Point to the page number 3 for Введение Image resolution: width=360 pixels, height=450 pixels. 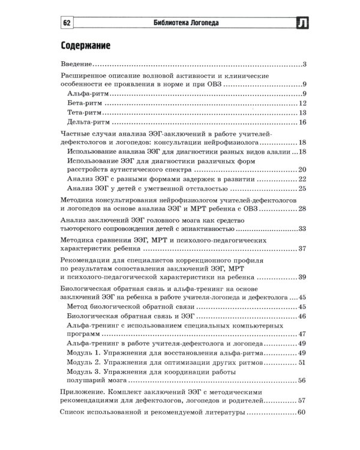pyautogui.click(x=305, y=64)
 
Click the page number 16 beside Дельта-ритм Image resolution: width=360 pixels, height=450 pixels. pyautogui.click(x=302, y=122)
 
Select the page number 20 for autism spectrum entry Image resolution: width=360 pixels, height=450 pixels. pyautogui.click(x=302, y=169)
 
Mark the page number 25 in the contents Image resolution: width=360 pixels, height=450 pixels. pyautogui.click(x=302, y=189)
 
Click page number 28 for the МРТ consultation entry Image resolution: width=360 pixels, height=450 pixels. pyautogui.click(x=302, y=208)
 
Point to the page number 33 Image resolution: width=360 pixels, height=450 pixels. pyautogui.click(x=302, y=229)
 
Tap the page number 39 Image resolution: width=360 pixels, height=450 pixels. pyautogui.click(x=302, y=277)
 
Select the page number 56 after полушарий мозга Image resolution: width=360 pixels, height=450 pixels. pyautogui.click(x=302, y=380)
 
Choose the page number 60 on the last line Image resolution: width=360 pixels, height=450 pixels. pyautogui.click(x=302, y=412)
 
